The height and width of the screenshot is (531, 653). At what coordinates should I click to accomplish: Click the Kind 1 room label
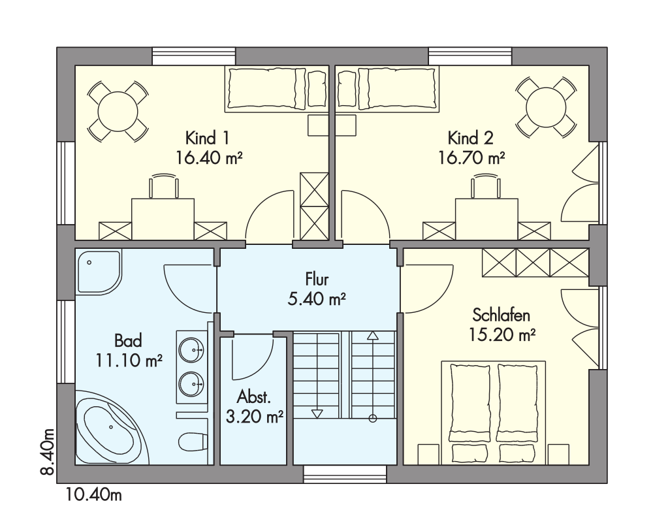coord(207,138)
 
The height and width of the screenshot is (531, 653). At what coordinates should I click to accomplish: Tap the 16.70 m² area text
coord(472,158)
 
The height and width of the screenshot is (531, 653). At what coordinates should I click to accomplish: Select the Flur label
coord(317,279)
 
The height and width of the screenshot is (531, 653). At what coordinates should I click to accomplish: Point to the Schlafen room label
coord(502,315)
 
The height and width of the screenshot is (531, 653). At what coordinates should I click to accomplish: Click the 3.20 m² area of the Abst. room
coord(255,416)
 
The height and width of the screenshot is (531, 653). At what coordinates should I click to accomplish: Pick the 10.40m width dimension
coord(93,495)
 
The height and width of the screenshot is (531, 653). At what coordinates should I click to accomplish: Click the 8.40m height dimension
coord(48,451)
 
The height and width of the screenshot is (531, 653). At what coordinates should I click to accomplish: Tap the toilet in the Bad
coord(194,441)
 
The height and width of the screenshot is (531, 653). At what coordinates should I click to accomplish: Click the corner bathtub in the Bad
coord(112,427)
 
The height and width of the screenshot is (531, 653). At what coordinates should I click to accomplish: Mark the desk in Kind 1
coord(163,219)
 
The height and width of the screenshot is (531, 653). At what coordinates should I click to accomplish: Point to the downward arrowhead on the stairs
coord(317,413)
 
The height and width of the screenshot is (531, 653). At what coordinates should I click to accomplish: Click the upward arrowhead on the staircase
coord(372,336)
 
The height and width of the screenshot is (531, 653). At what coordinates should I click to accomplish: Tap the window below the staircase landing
coord(345,475)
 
